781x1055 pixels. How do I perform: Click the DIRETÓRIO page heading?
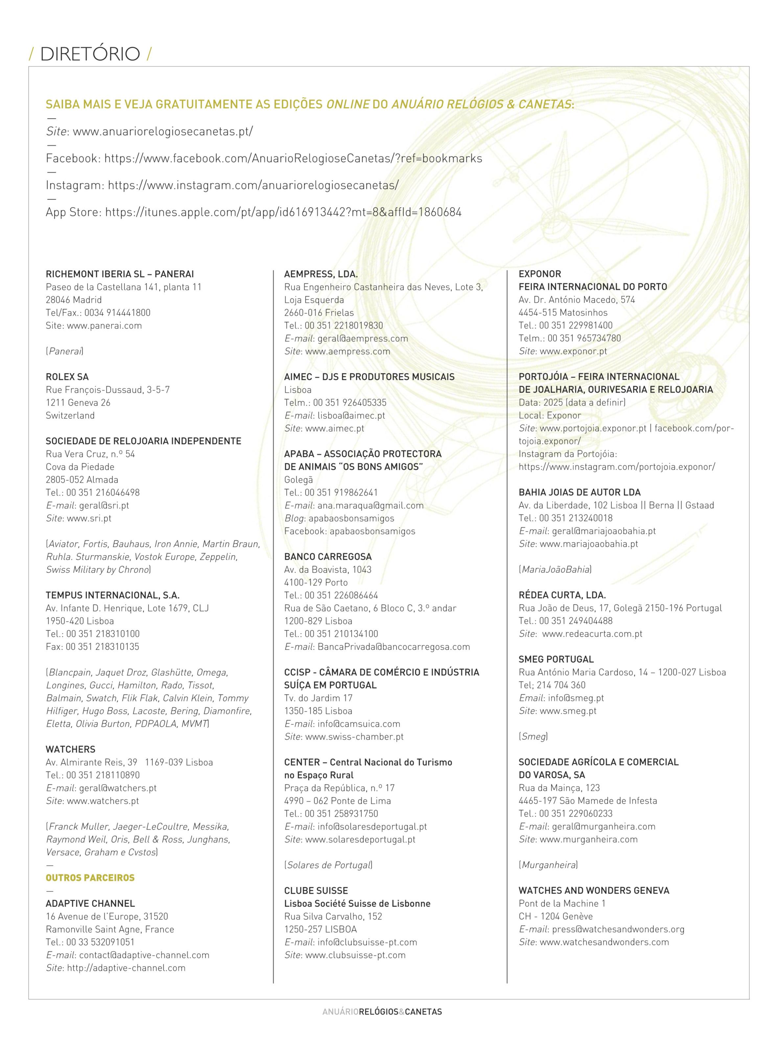pos(90,54)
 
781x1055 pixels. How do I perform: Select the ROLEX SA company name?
pos(67,377)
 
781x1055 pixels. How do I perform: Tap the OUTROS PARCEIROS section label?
pos(90,878)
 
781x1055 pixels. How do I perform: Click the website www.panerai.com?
pos(104,325)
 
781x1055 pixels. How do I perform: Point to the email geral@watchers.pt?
pos(118,788)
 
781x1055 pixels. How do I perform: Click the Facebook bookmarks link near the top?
pos(293,158)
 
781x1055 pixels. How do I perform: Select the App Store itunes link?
pos(283,212)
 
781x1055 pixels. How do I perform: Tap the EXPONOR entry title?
pos(540,274)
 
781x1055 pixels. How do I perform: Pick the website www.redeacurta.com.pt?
pos(592,634)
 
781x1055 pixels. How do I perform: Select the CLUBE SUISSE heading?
pos(316,890)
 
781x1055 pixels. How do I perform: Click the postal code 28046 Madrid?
pos(74,300)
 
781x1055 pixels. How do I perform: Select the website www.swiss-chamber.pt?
pos(354,736)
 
